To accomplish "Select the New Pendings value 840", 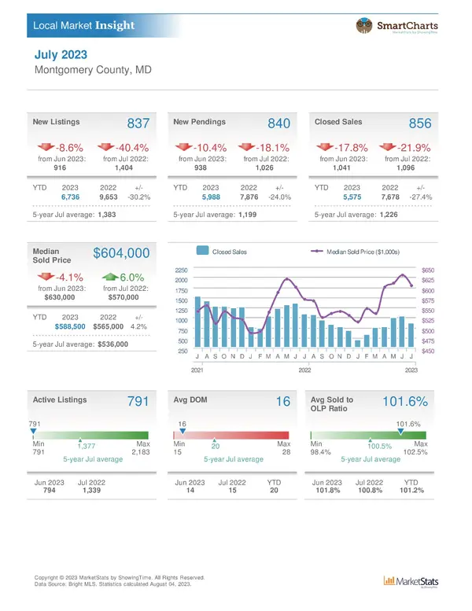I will click(x=279, y=124).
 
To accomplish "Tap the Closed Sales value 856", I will click(x=420, y=124).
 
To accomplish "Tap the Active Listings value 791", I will click(x=138, y=401).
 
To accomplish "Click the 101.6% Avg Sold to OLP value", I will click(x=404, y=401).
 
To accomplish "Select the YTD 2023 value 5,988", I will click(x=210, y=197).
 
